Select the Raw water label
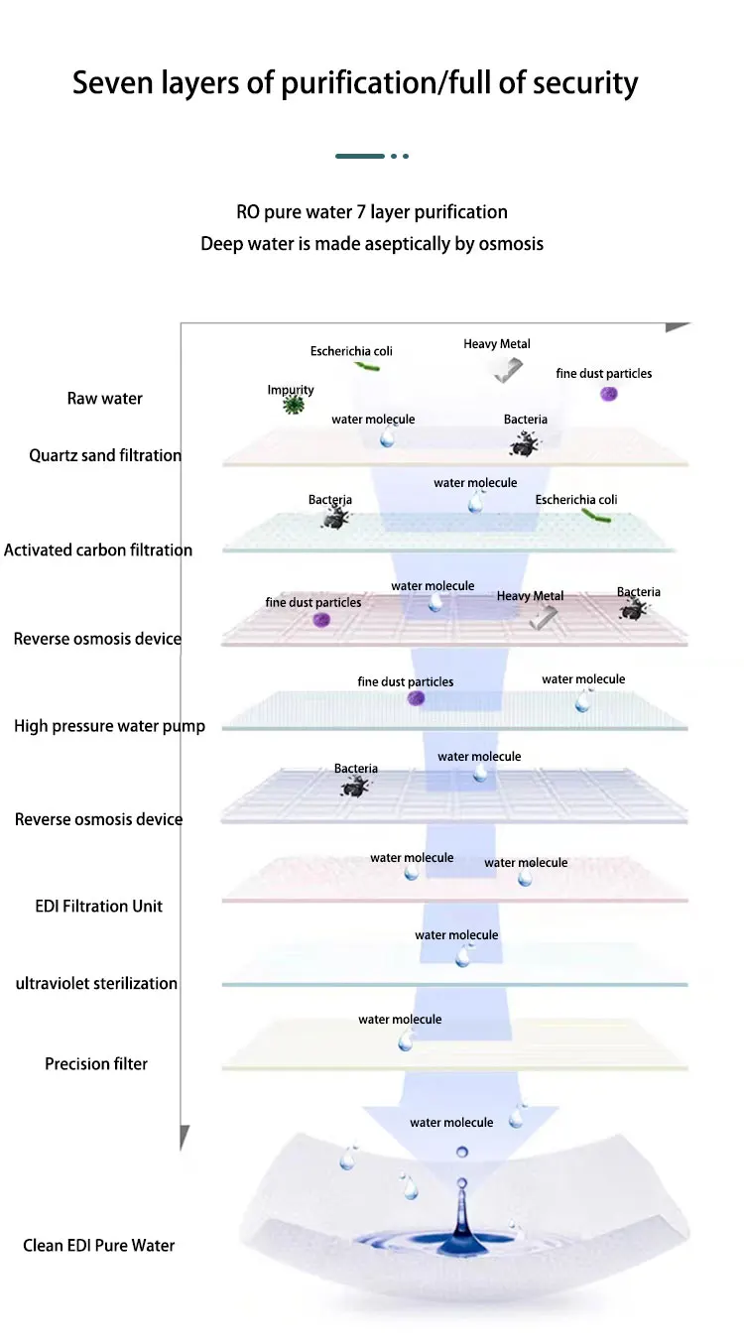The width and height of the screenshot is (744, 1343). tap(105, 399)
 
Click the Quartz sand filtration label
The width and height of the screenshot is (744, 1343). tap(105, 456)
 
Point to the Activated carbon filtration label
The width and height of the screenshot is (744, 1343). tap(98, 550)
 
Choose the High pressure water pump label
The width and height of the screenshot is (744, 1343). tap(109, 726)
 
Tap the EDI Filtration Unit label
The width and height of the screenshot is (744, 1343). tap(99, 907)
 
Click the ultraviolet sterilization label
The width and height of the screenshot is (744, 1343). tap(96, 984)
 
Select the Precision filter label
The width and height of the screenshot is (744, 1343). tap(96, 1064)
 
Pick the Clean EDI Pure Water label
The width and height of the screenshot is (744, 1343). tap(99, 1246)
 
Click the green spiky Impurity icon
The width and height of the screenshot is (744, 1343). tap(293, 405)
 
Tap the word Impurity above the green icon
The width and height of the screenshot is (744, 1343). tap(291, 390)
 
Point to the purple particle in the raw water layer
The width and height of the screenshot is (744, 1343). tap(609, 394)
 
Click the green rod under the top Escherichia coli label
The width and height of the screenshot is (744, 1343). tap(368, 366)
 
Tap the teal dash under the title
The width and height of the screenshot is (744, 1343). tap(360, 156)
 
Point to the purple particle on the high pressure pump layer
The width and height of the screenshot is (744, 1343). tap(416, 698)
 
